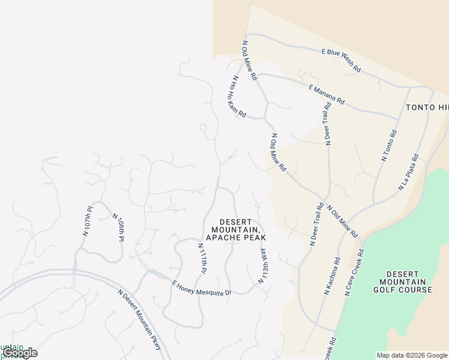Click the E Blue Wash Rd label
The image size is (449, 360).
point(342,61)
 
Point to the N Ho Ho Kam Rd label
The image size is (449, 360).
point(238,96)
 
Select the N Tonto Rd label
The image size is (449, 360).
point(389,146)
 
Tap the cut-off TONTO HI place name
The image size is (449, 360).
point(427,107)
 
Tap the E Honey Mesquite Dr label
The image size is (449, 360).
point(201,288)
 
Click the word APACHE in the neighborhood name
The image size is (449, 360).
point(224,238)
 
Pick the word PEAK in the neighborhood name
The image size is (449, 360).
point(254,238)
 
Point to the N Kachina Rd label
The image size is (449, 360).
point(332,276)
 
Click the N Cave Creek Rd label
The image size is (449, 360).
point(354,272)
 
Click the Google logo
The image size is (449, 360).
point(20,353)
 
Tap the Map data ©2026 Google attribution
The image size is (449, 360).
point(412,355)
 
